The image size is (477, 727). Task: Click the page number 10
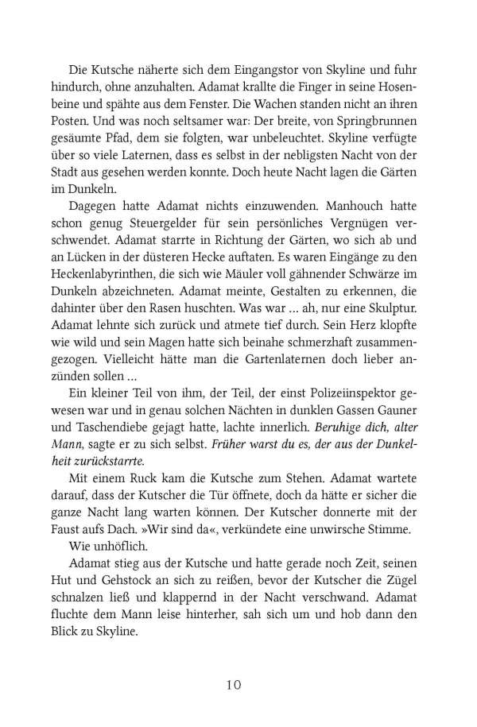pos(238,684)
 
